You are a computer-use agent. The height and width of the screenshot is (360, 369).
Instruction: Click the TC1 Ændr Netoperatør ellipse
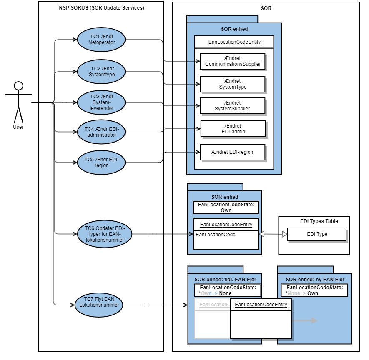(x=101, y=40)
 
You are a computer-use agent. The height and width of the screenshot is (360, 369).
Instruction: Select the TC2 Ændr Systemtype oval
(x=101, y=71)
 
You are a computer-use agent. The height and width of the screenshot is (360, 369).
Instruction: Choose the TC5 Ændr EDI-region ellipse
(x=101, y=162)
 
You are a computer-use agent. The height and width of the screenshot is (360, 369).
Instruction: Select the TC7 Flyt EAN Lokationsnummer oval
(x=99, y=305)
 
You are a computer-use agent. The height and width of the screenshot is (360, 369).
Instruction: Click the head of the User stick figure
(x=18, y=86)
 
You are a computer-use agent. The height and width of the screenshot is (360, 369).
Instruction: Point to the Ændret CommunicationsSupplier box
(x=233, y=61)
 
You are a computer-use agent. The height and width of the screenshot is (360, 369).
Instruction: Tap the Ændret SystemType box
(x=233, y=84)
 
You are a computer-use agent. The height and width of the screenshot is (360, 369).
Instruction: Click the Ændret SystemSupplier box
(x=233, y=106)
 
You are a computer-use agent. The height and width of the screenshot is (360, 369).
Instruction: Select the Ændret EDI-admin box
(x=233, y=129)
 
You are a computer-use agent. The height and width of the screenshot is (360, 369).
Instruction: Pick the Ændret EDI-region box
(x=233, y=152)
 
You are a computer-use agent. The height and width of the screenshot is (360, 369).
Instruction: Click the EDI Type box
(x=317, y=234)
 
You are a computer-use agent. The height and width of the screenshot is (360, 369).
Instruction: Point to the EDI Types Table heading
(x=319, y=221)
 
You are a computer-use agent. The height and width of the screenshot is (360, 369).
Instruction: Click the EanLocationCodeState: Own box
(x=226, y=207)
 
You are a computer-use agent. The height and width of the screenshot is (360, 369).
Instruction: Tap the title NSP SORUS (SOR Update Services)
(x=101, y=8)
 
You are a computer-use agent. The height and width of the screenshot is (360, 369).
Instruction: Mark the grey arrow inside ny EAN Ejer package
(x=306, y=321)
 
